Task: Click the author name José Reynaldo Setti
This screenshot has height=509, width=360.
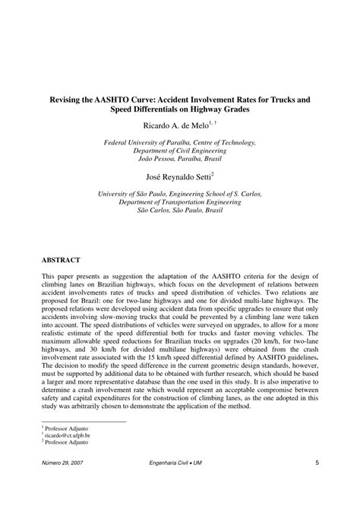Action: [177, 175]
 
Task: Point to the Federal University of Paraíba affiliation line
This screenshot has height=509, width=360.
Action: [180, 142]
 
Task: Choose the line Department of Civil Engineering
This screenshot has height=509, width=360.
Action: [180, 150]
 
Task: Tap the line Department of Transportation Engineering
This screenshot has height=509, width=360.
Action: [180, 202]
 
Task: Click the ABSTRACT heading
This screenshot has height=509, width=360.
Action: [63, 259]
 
